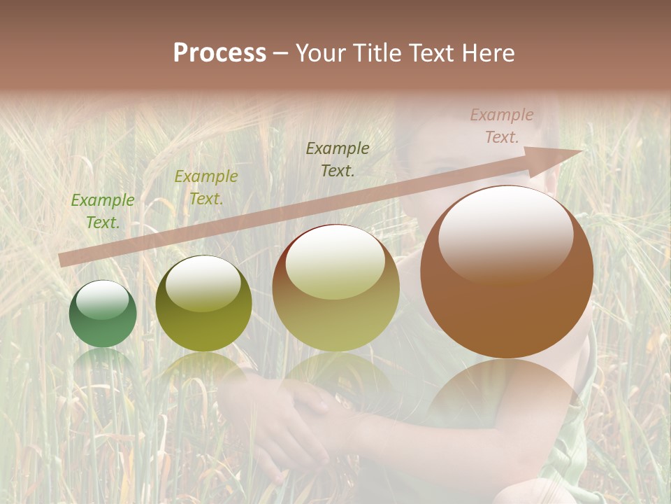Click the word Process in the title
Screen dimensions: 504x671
click(219, 53)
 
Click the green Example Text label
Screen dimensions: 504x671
click(103, 211)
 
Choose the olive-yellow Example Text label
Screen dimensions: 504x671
click(205, 188)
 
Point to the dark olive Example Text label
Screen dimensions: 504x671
click(338, 159)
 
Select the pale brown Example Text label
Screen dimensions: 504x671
click(501, 126)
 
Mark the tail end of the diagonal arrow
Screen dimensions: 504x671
click(63, 260)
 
